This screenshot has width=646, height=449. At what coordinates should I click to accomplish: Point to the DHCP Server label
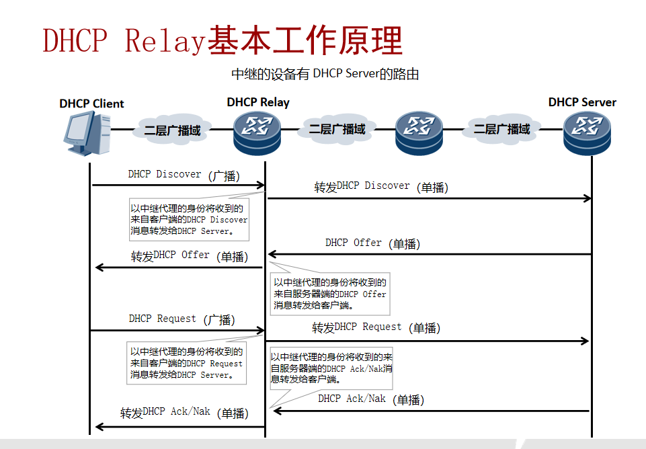click(582, 102)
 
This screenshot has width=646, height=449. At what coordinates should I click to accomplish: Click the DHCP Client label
click(91, 104)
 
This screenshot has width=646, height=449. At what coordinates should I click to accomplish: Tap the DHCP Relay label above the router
click(258, 102)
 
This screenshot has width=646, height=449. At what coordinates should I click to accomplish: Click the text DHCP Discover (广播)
click(184, 175)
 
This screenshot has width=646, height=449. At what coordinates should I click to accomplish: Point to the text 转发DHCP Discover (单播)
click(381, 187)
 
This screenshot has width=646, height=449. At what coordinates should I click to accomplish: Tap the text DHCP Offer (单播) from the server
click(372, 243)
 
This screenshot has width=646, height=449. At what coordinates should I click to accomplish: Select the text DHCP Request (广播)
click(181, 319)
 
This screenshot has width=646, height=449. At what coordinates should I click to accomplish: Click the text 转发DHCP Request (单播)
click(376, 327)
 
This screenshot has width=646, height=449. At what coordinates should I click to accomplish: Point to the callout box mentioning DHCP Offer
click(329, 294)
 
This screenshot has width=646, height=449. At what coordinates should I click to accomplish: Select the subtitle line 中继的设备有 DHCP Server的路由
click(325, 74)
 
